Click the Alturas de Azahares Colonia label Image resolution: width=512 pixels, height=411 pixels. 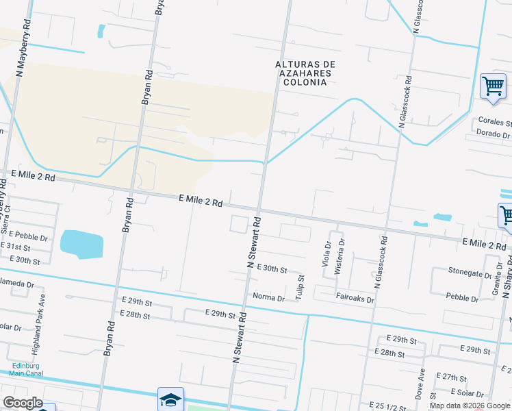[303, 73]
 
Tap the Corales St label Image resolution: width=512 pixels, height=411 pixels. [495, 121]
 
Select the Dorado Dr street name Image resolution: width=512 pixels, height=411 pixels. [494, 133]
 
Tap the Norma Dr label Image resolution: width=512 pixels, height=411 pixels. [268, 298]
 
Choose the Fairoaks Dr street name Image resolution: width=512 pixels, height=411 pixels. [355, 299]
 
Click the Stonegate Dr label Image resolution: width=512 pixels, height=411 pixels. [470, 271]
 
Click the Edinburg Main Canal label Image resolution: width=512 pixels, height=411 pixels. [27, 369]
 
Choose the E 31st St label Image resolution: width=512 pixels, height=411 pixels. [16, 247]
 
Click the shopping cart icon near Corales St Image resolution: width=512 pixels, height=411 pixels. [492, 86]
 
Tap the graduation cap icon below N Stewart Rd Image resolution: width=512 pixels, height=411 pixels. [170, 399]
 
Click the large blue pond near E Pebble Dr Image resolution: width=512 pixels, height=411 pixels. [81, 244]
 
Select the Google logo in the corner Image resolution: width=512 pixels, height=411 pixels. [22, 403]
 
